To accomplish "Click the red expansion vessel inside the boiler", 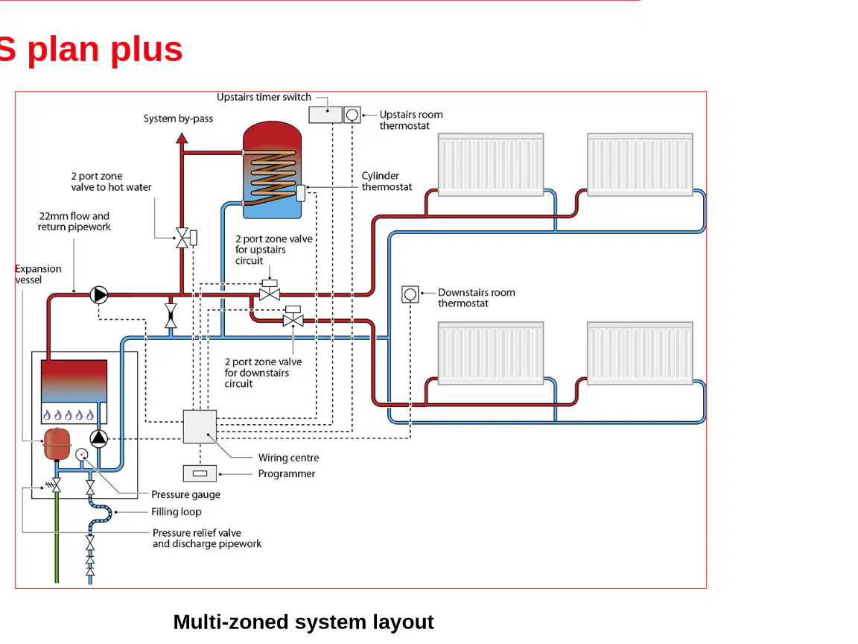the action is pos(57,444).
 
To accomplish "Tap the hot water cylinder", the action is pos(272,170).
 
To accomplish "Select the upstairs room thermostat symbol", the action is pos(352,115).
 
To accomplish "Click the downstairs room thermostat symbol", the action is pos(410,294).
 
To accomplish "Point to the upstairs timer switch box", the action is pos(325,115).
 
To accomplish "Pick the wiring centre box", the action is pos(200,426).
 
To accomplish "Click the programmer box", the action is pos(200,473).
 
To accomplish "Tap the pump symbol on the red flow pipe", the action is pos(99,294).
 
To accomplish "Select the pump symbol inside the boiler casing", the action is pos(99,438).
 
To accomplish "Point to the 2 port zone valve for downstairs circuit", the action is pos(293,317).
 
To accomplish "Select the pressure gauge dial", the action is pos(81,455).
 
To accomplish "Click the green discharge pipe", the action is pos(57,537).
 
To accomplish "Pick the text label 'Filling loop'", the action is pos(177,512).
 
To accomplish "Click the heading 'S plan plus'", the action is pos(91,49).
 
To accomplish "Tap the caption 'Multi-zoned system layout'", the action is pos(304,622).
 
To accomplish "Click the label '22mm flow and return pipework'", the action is pos(74,222).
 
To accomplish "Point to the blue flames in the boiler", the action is pos(69,414).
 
